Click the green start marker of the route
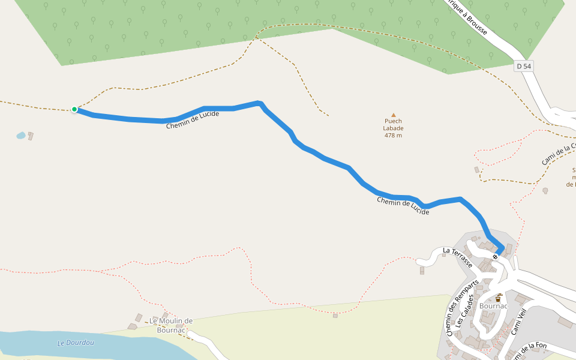point(74,109)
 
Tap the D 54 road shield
point(524,66)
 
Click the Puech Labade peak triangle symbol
point(394,115)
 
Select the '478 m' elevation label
point(394,135)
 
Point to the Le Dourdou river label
point(76,343)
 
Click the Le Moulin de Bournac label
point(171,325)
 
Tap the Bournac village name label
point(494,306)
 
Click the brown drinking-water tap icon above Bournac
point(498,297)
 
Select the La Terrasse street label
point(457,257)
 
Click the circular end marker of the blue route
point(495,257)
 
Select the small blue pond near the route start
point(21,136)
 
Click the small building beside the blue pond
point(31,136)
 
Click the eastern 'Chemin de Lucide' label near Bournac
point(403,206)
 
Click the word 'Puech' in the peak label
point(394,121)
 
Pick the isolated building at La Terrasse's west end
point(422,270)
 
